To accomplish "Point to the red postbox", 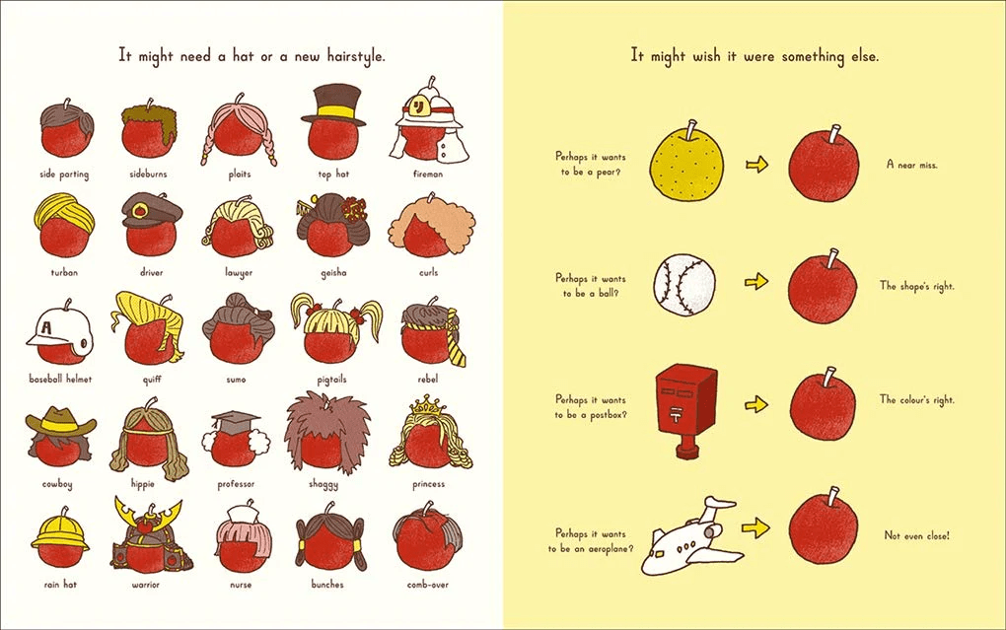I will click(x=685, y=405).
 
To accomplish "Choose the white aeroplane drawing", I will click(x=690, y=536).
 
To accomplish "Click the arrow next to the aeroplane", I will click(x=754, y=528).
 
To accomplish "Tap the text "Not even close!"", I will click(x=916, y=536).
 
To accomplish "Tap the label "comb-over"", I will click(x=428, y=585).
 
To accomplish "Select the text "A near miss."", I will click(x=911, y=165).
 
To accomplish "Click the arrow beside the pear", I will click(x=756, y=165).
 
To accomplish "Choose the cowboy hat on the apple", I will click(x=61, y=422).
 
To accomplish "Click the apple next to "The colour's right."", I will click(x=823, y=404).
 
